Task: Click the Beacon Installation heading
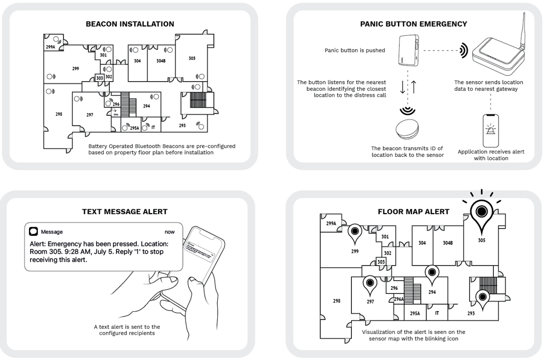129,24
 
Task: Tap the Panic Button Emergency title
413,24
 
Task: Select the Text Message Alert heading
124,211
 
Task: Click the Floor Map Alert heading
413,211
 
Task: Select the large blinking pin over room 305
481,213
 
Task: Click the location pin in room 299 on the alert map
355,233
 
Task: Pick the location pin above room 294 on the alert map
431,273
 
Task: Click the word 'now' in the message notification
169,232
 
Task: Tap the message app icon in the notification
34,231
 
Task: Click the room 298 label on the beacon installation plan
58,114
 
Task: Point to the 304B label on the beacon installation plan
161,61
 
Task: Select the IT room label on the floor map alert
437,314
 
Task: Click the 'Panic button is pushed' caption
355,50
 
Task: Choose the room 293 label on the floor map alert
471,314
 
